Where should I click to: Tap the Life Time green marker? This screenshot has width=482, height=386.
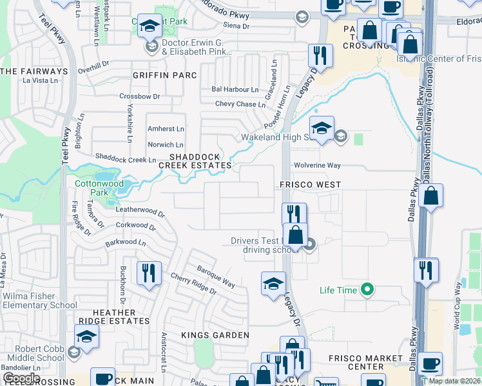[x=367, y=290]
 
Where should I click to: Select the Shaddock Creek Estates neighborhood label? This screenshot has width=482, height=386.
[x=195, y=161]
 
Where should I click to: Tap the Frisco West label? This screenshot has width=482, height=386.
[x=310, y=185]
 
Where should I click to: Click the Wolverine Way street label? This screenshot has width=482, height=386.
[x=317, y=165]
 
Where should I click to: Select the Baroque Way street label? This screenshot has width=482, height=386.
[x=216, y=275]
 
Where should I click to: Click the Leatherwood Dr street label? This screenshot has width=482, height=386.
[x=140, y=210]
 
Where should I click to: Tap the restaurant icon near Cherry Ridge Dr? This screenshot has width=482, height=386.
[x=148, y=273]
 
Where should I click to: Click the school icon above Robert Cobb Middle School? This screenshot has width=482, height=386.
[x=86, y=336]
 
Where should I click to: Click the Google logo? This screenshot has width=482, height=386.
[x=21, y=378]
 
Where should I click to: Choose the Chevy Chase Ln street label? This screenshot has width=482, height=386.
[x=240, y=104]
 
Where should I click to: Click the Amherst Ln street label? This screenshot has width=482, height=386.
[x=166, y=129]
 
